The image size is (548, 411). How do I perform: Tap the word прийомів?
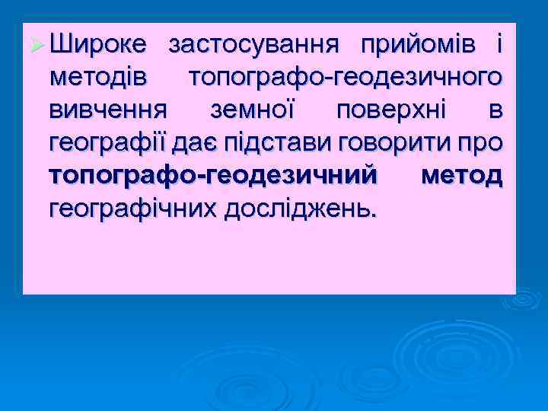[x=419, y=45]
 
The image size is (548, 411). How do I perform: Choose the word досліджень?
[x=301, y=208]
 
